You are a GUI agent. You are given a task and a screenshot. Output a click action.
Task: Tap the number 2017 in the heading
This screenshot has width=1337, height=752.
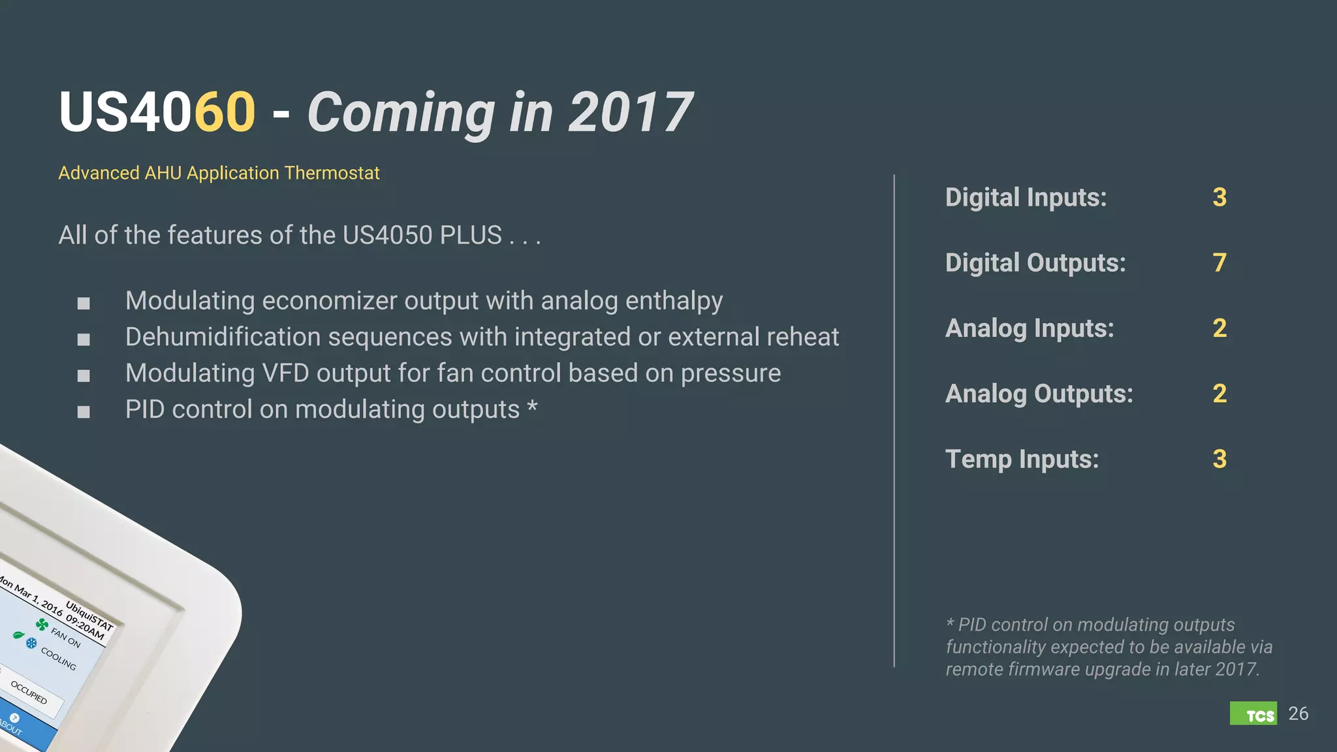[x=630, y=112]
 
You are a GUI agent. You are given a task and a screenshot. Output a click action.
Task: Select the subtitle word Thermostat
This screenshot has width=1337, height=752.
[x=332, y=173]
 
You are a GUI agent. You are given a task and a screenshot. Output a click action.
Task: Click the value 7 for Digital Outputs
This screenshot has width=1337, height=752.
[x=1219, y=263]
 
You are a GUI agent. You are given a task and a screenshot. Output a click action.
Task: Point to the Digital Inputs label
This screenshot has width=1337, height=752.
[x=1026, y=198]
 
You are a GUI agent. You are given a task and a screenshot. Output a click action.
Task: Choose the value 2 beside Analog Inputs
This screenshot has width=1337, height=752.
[x=1219, y=328]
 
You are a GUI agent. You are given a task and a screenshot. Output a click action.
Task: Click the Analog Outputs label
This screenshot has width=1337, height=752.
[x=1039, y=394]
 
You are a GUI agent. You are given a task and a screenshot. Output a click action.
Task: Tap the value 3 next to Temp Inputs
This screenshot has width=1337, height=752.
[x=1219, y=459]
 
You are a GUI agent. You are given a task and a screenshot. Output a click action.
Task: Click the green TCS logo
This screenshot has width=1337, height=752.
[x=1253, y=713]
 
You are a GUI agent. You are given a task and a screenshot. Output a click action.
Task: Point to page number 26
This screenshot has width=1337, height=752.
[x=1298, y=713]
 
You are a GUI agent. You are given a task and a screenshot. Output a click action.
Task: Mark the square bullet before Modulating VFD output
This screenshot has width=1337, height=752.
[x=84, y=375]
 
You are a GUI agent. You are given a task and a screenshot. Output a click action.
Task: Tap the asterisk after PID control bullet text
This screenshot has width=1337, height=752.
[x=532, y=407]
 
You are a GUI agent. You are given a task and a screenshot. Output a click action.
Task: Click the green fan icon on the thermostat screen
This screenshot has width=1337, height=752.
[x=42, y=625]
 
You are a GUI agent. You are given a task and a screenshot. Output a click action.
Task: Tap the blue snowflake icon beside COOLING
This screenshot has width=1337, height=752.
[x=31, y=644]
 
